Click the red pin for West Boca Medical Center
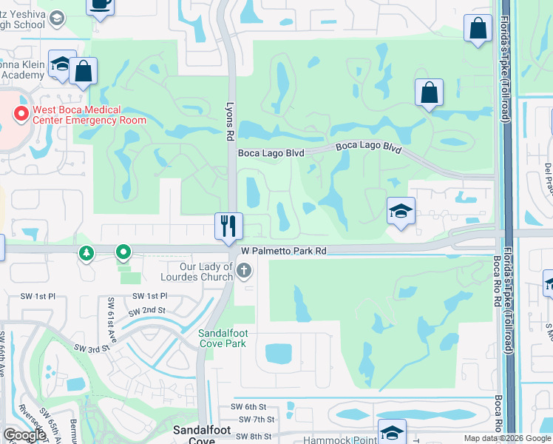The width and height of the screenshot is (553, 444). click(x=21, y=114)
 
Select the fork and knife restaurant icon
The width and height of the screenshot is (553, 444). click(x=228, y=225)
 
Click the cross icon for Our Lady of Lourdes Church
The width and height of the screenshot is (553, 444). click(x=245, y=272)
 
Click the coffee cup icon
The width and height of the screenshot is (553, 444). click(x=100, y=4)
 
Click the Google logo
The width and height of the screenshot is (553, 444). click(x=24, y=435)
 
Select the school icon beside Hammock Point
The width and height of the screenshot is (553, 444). click(x=392, y=431)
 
